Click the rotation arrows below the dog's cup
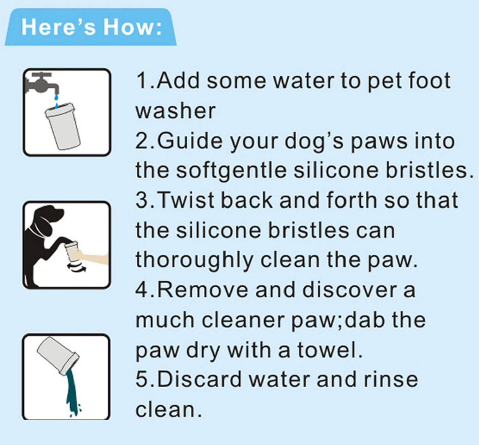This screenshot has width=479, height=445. click(x=76, y=267)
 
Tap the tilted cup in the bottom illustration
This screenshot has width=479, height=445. click(x=58, y=356)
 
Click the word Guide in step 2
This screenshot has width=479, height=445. click(x=190, y=141)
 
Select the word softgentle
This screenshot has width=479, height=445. click(x=232, y=170)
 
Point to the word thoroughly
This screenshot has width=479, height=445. click(x=194, y=260)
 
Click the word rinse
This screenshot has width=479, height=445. click(x=391, y=380)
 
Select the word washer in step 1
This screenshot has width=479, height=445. click(x=175, y=111)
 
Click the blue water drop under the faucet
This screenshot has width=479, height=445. click(x=56, y=97)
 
